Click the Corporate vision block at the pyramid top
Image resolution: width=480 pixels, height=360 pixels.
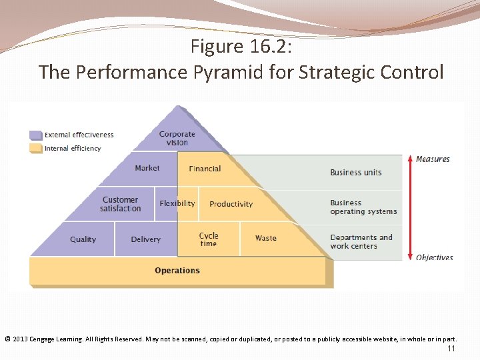click(x=177, y=138)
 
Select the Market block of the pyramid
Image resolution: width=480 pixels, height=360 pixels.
click(x=147, y=169)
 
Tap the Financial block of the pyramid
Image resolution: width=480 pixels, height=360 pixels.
click(x=205, y=169)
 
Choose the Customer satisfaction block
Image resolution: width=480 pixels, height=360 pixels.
click(x=121, y=204)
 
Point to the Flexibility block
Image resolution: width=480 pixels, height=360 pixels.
click(x=177, y=203)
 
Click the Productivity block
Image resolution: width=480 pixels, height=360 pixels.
click(x=231, y=204)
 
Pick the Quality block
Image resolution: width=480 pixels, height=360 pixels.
click(x=83, y=239)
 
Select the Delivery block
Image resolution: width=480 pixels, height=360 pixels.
click(x=146, y=239)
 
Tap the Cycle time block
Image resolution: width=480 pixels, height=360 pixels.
click(x=209, y=239)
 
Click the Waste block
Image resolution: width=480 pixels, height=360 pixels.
click(x=265, y=238)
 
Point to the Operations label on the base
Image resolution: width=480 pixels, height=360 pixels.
click(x=177, y=271)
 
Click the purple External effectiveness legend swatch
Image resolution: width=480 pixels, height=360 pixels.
click(x=35, y=135)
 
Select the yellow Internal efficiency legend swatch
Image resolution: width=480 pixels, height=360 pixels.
click(x=35, y=148)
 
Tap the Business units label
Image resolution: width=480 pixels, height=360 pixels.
click(x=356, y=173)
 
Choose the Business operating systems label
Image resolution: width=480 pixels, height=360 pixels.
click(x=363, y=207)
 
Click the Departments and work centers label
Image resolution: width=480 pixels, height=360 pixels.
click(x=361, y=241)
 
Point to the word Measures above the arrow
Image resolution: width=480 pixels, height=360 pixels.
click(x=433, y=159)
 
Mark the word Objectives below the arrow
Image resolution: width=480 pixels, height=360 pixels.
click(x=434, y=257)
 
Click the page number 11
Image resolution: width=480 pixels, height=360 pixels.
click(x=451, y=349)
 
